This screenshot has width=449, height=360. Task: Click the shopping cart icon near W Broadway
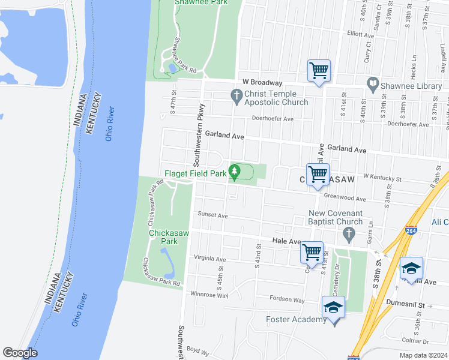click(x=318, y=71)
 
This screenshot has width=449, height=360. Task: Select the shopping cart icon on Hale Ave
click(x=312, y=252)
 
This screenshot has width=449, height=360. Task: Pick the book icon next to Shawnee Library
click(x=372, y=83)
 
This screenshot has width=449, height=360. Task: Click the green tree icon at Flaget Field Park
click(x=235, y=173)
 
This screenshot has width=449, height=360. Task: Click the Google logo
click(x=20, y=353)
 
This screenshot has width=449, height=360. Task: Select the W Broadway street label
click(x=262, y=82)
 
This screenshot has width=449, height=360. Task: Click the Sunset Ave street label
click(x=213, y=215)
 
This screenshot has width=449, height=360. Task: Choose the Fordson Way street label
click(x=288, y=299)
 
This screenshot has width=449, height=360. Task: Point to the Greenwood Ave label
click(x=345, y=199)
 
